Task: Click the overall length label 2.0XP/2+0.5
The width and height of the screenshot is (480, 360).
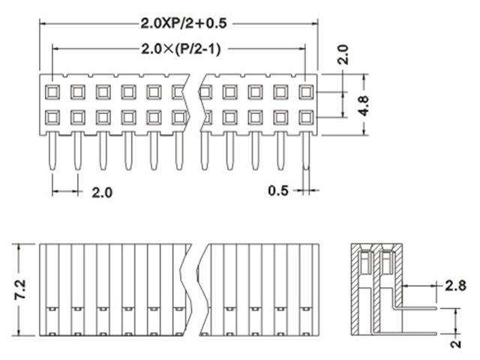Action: click(x=178, y=24)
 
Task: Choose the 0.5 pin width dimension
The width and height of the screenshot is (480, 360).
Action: click(x=279, y=190)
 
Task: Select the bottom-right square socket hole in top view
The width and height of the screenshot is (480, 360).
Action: click(x=305, y=117)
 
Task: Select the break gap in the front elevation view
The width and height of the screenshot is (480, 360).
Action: click(x=196, y=289)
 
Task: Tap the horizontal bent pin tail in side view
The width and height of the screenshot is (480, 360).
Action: click(x=420, y=307)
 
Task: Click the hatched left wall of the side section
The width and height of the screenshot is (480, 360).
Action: click(x=355, y=292)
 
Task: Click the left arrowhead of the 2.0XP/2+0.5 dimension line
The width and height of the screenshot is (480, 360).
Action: click(x=43, y=24)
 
